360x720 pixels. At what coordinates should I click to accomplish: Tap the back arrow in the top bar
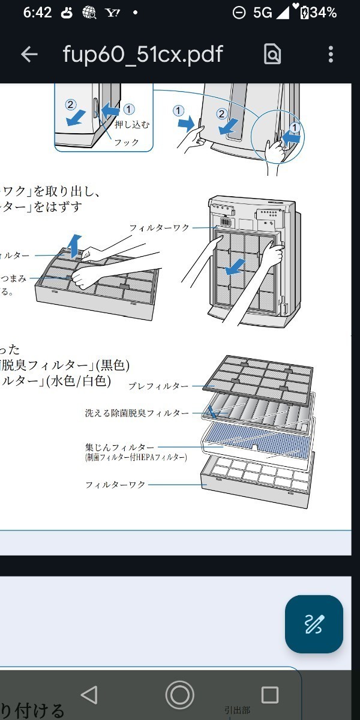coord(29,55)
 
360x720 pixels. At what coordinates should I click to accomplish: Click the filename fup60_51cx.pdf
coord(143,55)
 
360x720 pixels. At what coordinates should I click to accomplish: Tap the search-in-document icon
coord(272,55)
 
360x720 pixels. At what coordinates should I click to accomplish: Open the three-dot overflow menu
coord(331,55)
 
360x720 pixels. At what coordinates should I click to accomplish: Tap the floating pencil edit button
coord(314,624)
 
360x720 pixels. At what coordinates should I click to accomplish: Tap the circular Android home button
coord(179,695)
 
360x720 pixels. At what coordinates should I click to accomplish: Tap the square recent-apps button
coord(270,695)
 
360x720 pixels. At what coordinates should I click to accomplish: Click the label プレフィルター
coord(158,386)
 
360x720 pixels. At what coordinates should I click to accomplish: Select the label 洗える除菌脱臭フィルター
coord(137,413)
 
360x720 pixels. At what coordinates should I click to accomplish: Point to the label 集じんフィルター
coord(120,447)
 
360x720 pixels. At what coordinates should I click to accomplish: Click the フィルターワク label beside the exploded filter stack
coord(116,484)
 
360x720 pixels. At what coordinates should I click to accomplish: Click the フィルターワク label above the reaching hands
coord(160,228)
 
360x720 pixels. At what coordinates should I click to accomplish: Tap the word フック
coord(127,142)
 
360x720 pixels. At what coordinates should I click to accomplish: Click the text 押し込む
coord(131,125)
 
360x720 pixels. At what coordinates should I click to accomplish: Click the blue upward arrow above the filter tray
coord(74,246)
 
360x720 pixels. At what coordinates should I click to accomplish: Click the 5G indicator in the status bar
coord(262,12)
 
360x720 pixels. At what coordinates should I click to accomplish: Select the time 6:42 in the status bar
coord(38,12)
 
